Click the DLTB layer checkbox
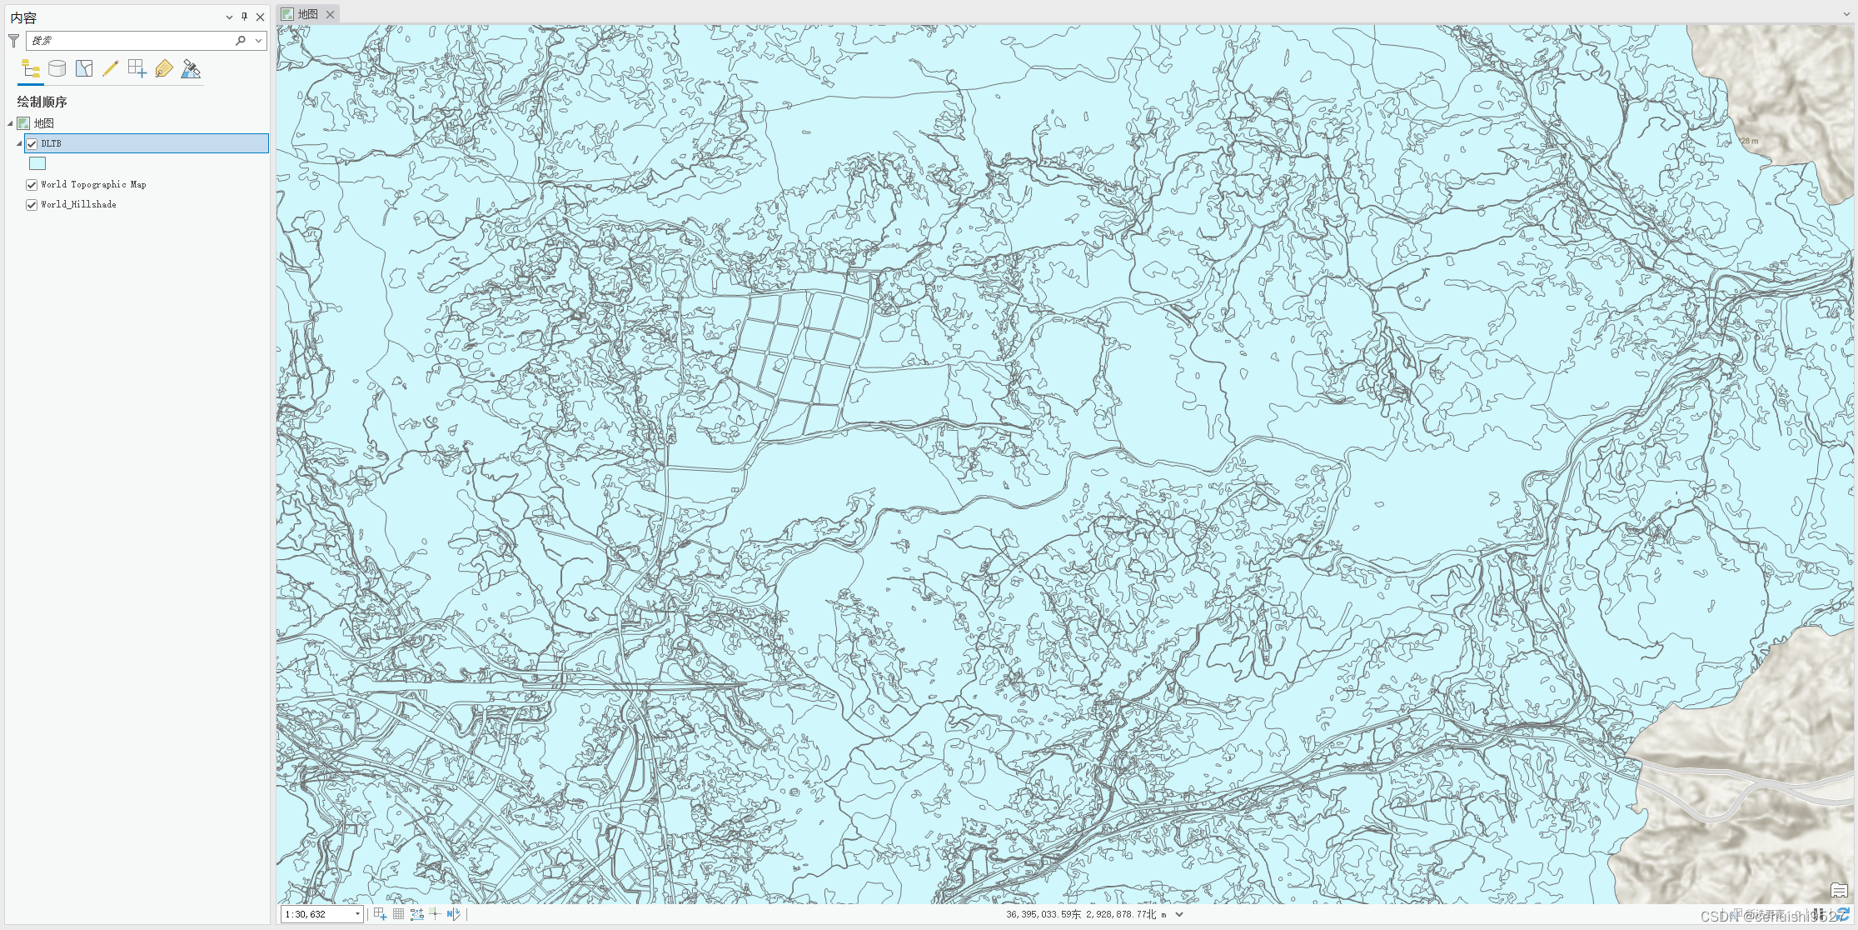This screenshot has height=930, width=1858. point(32,143)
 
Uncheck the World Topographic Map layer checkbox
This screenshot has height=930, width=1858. point(32,185)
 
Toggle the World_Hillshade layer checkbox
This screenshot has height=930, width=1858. point(32,205)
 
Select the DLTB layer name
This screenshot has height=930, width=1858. point(52,143)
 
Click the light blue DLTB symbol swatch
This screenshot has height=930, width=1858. point(37,163)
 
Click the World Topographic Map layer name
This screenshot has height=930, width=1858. point(93,185)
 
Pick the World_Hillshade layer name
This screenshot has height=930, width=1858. point(78,205)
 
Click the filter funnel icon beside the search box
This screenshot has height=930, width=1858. point(13,40)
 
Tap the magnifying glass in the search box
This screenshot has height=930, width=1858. point(241,40)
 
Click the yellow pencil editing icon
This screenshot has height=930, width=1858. point(110,68)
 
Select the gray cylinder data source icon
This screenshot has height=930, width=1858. point(57,68)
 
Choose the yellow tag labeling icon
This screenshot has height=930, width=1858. point(164,68)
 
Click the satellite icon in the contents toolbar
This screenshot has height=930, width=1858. point(191,68)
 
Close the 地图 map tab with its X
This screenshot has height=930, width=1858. point(331,14)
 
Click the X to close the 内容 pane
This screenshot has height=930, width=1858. point(261,17)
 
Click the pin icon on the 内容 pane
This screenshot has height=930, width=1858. point(244,17)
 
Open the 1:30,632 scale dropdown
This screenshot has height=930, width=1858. point(357,914)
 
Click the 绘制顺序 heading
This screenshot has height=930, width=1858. point(42,102)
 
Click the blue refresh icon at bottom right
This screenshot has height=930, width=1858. point(1843,914)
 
